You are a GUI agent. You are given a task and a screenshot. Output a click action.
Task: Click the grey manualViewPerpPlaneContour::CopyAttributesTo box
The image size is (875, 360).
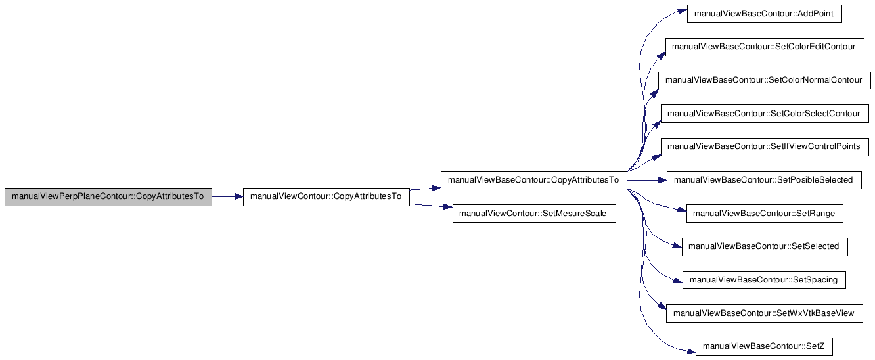coord(108,197)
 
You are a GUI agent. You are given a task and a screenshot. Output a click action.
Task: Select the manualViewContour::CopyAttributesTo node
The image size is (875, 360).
coord(326,197)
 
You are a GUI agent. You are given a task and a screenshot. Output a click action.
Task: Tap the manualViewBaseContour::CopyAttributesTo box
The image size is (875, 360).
coord(533,180)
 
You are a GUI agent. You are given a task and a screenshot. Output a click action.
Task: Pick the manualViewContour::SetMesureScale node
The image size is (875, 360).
coord(534,214)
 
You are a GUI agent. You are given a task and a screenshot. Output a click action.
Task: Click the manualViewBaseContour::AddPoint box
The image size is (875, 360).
coord(764,14)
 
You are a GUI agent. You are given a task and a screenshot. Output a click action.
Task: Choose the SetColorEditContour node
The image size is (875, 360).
coord(765,47)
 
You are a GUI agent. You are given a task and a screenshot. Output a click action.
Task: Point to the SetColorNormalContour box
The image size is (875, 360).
coord(765,80)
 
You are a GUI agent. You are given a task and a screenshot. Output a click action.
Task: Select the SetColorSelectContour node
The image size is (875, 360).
coord(765,114)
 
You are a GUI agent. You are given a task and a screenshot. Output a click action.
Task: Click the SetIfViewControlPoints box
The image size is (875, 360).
coord(765,146)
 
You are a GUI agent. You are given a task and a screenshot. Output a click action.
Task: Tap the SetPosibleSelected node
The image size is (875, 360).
coord(764,180)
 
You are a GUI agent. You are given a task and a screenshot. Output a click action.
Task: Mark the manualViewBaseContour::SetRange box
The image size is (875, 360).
coord(765,214)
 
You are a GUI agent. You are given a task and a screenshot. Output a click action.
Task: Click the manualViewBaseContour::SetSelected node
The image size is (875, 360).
coord(765,247)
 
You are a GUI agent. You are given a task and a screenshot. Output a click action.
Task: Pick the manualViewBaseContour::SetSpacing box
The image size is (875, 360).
coord(764,280)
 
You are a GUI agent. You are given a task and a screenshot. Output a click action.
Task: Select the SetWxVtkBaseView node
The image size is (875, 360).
coord(765,313)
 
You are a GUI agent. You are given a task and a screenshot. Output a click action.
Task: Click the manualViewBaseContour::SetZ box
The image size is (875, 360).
coord(764,347)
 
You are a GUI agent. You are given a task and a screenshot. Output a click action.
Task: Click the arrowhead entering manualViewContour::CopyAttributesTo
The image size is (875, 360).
coord(238,197)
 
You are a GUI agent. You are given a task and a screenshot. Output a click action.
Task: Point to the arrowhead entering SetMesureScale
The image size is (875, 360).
coord(449,207)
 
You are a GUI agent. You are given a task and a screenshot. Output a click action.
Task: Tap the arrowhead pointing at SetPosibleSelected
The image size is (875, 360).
coord(663,180)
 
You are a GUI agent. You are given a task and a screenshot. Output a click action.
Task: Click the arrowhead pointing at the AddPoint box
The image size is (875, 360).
coord(683,11)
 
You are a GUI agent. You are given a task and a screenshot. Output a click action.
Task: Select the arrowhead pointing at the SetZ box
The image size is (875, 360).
coord(691,352)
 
